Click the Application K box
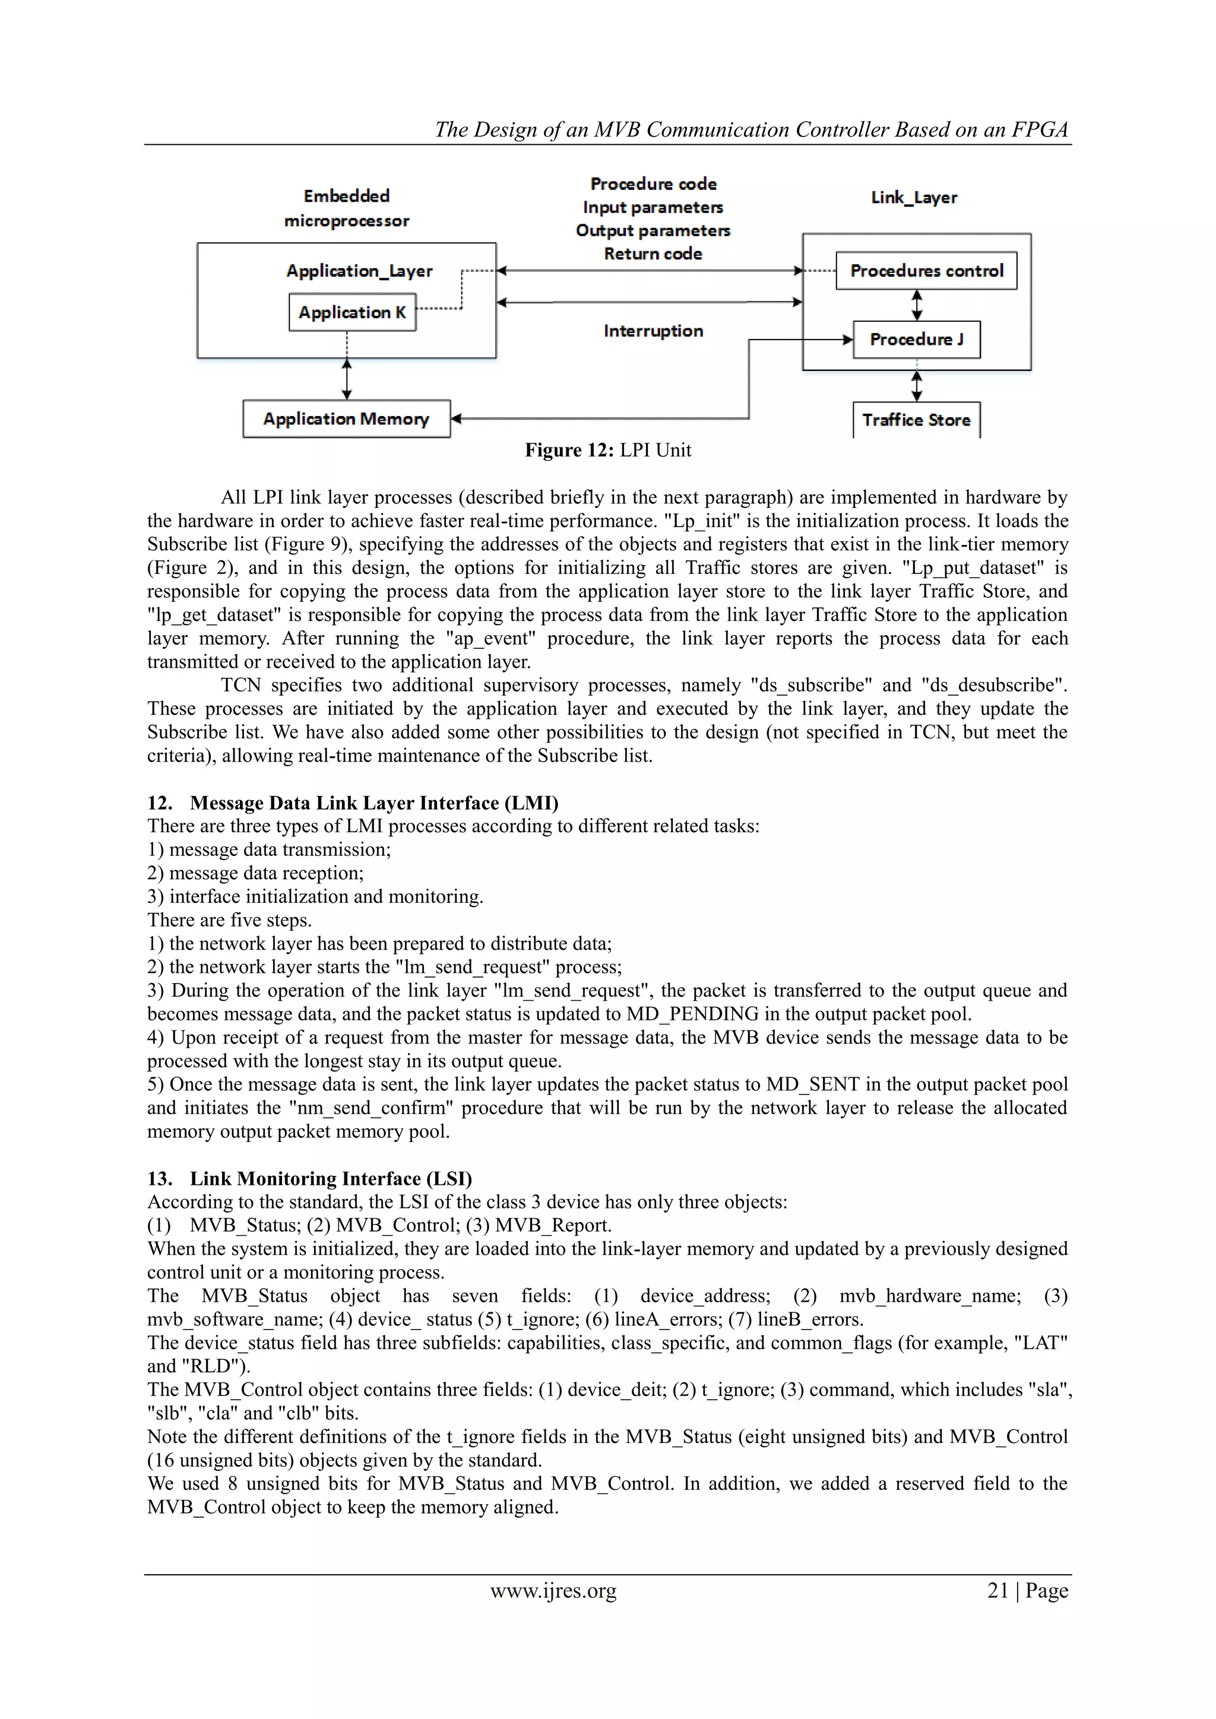352,312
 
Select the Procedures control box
926,271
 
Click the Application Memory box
346,418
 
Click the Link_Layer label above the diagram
914,198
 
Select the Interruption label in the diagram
653,331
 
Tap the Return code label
653,254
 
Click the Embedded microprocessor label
347,208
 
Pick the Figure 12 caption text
608,450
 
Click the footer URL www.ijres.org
553,1590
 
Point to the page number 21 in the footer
997,1590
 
